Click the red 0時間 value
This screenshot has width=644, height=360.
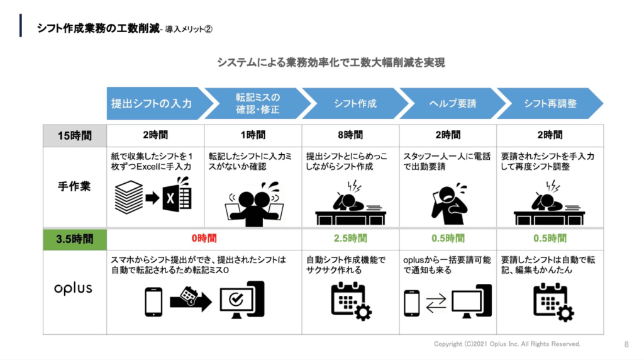tap(204, 239)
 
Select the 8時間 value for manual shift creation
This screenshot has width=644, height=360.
tap(350, 135)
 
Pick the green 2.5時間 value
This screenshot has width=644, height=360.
tap(350, 239)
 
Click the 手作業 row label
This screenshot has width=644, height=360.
tap(74, 187)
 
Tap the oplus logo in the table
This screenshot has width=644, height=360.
tap(73, 289)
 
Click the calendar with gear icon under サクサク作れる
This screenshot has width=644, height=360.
tap(351, 301)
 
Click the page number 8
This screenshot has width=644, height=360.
tap(626, 344)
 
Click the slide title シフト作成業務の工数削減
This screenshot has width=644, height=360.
tap(97, 28)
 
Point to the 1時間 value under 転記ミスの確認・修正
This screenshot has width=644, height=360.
tap(253, 135)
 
